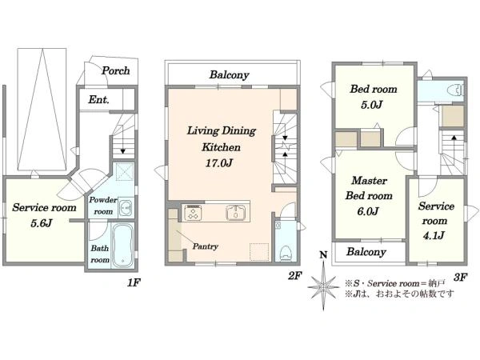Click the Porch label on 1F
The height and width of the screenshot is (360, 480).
(x=116, y=70)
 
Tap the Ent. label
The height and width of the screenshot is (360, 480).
(x=98, y=99)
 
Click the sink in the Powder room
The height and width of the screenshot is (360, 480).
(x=126, y=207)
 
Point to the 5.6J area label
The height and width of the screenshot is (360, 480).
(x=42, y=223)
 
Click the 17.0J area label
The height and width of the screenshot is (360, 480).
(x=218, y=163)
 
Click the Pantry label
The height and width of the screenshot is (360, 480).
(x=205, y=246)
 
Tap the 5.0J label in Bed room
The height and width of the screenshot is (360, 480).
(x=372, y=105)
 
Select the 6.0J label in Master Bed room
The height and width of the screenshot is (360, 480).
(x=368, y=211)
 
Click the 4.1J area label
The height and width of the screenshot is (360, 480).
(x=434, y=235)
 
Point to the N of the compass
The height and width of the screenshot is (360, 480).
(x=323, y=254)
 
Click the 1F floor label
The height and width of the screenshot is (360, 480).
(x=134, y=283)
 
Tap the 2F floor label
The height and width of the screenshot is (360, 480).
(x=294, y=276)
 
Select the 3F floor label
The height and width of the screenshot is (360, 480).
(x=461, y=278)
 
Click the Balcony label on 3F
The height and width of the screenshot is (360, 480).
(x=366, y=252)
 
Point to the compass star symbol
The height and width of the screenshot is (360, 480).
(x=323, y=286)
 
